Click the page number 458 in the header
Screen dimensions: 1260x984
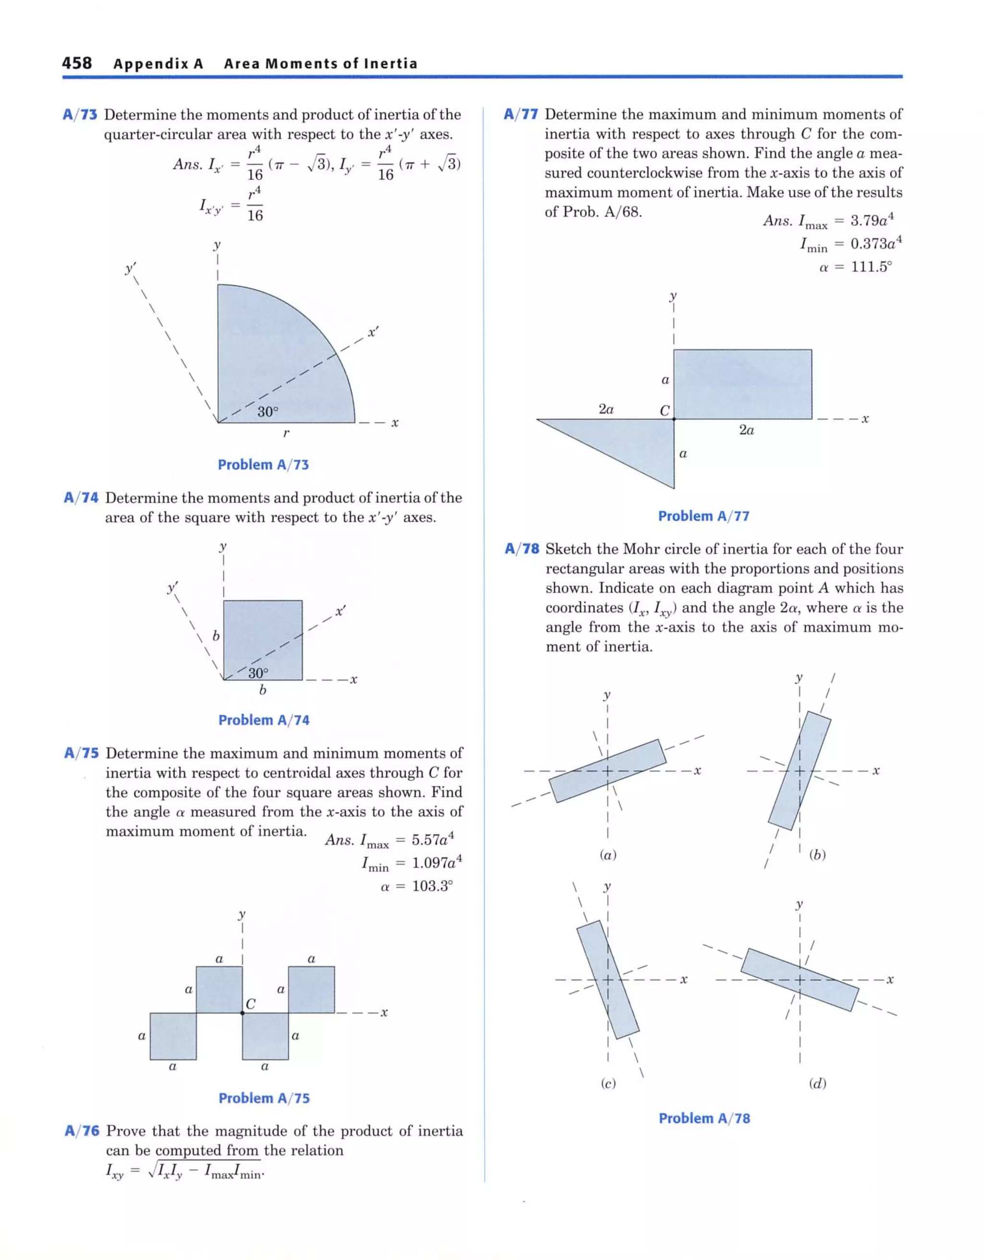(x=77, y=63)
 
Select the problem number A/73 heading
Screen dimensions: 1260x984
(x=80, y=115)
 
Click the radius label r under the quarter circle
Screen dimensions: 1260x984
(x=286, y=433)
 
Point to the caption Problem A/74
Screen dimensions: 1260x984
(x=264, y=720)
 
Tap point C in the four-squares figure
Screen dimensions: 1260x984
(x=242, y=1013)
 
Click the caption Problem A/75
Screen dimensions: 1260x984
(x=264, y=1098)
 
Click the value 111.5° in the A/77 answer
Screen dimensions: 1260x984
(x=871, y=267)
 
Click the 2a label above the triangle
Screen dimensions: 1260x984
(x=606, y=409)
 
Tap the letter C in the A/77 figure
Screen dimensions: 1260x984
(x=664, y=410)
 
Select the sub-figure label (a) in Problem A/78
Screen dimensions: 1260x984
(x=608, y=855)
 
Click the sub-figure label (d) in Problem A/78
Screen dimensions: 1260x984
(x=817, y=1083)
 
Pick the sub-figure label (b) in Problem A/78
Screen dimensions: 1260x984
(x=817, y=855)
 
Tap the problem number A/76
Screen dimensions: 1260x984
(x=82, y=1131)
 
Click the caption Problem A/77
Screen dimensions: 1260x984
(x=703, y=516)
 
